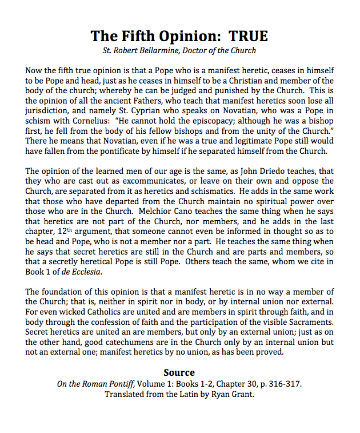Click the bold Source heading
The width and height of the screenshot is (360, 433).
pyautogui.click(x=179, y=373)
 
